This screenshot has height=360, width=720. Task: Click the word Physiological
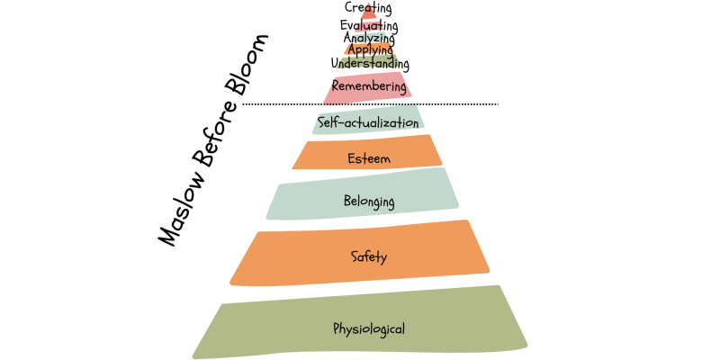(369, 329)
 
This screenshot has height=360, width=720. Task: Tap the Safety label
(369, 257)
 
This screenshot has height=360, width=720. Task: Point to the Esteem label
(368, 159)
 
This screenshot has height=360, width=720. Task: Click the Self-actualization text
(368, 121)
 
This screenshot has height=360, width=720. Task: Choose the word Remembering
(369, 85)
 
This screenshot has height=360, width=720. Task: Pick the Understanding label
(370, 64)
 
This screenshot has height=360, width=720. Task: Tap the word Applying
(370, 50)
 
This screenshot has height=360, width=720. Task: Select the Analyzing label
(369, 39)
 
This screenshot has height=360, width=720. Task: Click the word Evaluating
(369, 26)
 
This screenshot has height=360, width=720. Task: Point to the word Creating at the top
(368, 9)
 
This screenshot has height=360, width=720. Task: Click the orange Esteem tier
(315, 157)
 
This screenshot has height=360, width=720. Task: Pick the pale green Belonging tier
(297, 202)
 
